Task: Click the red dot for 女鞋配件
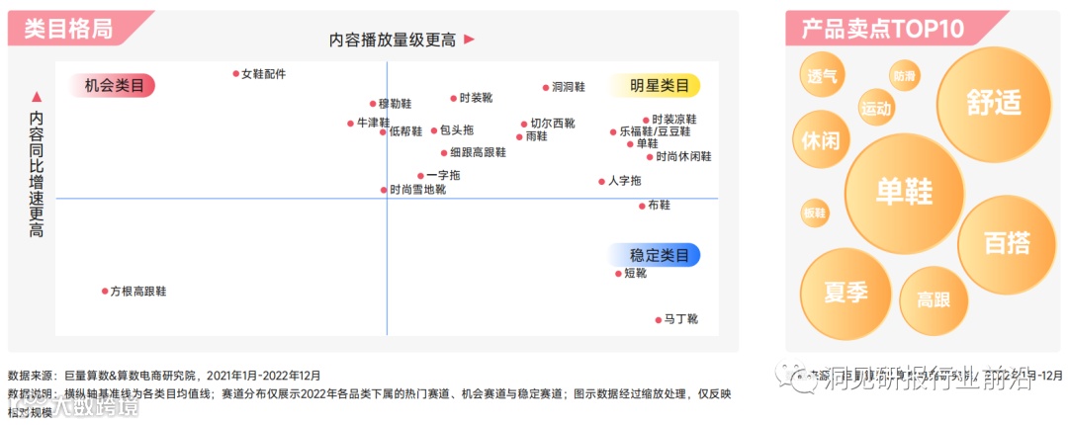coord(236,73)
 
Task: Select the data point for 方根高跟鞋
coord(105,291)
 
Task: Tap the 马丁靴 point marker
coord(658,319)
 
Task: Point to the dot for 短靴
coord(618,273)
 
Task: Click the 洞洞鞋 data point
coord(545,87)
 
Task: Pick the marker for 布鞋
coord(641,206)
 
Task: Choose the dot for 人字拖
coord(601,181)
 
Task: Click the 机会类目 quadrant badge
coord(113,86)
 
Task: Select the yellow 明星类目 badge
coord(660,85)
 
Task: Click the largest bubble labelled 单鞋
coord(904,192)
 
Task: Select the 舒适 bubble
coord(993,102)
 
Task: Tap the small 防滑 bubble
coord(904,76)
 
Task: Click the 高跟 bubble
coord(934,299)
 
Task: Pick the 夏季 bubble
coord(845,293)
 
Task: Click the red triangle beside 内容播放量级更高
coord(470,40)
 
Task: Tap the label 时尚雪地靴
coord(417,189)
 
